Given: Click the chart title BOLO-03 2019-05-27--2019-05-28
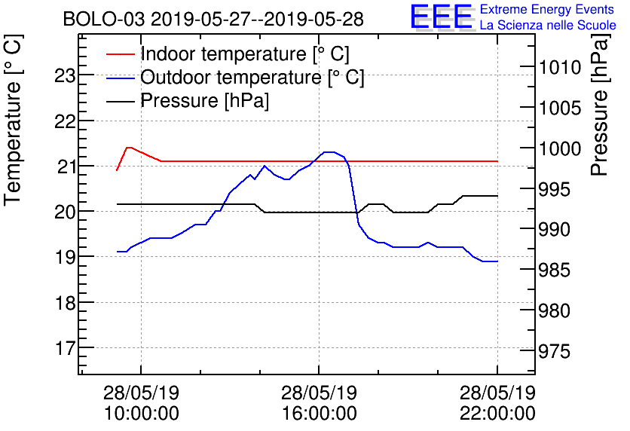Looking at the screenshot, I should pos(213,19).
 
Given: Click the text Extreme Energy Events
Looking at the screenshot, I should pos(547,10).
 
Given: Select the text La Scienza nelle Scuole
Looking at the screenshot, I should pos(547,26).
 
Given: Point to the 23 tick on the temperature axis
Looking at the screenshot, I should pos(66,75).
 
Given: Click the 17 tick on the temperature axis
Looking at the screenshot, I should pos(66,349).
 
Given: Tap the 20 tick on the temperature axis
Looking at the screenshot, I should pos(66,212).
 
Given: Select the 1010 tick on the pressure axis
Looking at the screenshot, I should pos(560,68).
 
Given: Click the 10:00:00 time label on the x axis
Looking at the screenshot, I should pos(141,413).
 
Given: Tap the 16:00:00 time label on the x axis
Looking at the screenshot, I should pos(319,413).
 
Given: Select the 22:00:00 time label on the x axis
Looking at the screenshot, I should pos(497,413).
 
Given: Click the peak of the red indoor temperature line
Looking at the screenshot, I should pos(129,148).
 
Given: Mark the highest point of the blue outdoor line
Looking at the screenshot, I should pos(329,152).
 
